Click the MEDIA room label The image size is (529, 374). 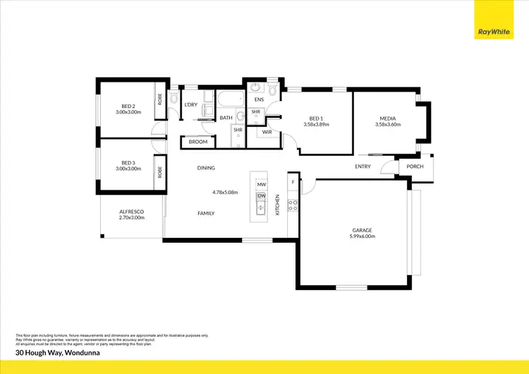pyautogui.click(x=387, y=119)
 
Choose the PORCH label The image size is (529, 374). pyautogui.click(x=415, y=167)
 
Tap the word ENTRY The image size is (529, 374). pyautogui.click(x=363, y=167)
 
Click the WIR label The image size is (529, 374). pyautogui.click(x=267, y=132)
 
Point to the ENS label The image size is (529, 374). pyautogui.click(x=259, y=100)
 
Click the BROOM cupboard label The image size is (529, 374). pyautogui.click(x=198, y=142)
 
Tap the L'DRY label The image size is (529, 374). pyautogui.click(x=190, y=104)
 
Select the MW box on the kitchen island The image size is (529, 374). pyautogui.click(x=261, y=184)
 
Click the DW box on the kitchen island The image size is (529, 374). pyautogui.click(x=261, y=195)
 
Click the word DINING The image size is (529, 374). pyautogui.click(x=206, y=168)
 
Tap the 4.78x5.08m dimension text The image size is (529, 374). pyautogui.click(x=225, y=192)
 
